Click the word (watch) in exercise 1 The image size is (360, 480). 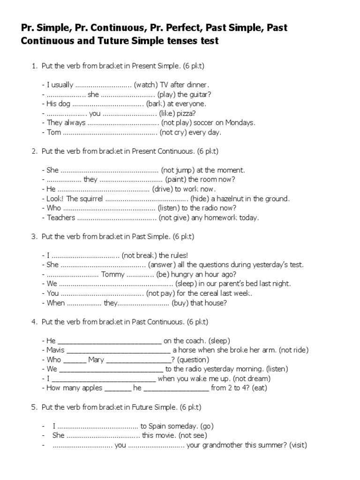[146, 85]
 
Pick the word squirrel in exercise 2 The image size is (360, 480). [88, 199]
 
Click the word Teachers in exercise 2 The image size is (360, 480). [61, 217]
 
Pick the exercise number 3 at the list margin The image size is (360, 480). [34, 236]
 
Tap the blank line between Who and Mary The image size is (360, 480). [74, 360]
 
